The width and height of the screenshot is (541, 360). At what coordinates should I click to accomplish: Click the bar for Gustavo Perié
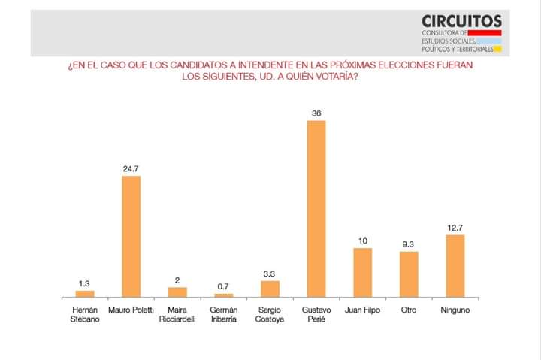pos(316,208)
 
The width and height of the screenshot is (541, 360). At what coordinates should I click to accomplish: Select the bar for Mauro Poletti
pos(131,236)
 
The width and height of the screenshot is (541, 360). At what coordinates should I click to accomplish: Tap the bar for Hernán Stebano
pos(85,293)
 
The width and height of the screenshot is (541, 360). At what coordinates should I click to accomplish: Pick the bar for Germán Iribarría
pos(224,295)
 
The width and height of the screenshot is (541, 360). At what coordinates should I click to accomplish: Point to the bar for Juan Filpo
pos(362,272)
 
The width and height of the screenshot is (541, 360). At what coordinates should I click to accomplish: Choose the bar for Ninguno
pos(455,265)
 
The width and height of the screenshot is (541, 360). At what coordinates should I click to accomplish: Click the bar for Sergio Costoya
pos(270,289)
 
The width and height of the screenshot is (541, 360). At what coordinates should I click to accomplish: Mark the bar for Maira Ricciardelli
pos(177,292)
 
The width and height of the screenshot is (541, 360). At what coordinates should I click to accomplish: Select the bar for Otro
pos(409,274)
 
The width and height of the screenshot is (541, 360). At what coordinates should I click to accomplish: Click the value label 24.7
pos(131,169)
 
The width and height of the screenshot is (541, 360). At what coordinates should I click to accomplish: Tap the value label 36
pos(316,113)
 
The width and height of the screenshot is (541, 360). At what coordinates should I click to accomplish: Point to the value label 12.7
pos(455,228)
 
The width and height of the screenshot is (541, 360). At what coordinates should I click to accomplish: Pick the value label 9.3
pos(409,244)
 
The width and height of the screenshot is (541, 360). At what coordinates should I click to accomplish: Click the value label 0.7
pos(224,287)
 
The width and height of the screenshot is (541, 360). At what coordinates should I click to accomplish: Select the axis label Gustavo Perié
pos(316,314)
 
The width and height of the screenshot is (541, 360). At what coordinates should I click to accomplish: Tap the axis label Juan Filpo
pos(362,310)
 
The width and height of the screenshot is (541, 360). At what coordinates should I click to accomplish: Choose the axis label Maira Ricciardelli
pos(177,314)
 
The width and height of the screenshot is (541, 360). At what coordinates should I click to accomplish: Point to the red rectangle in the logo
pos(484,32)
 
